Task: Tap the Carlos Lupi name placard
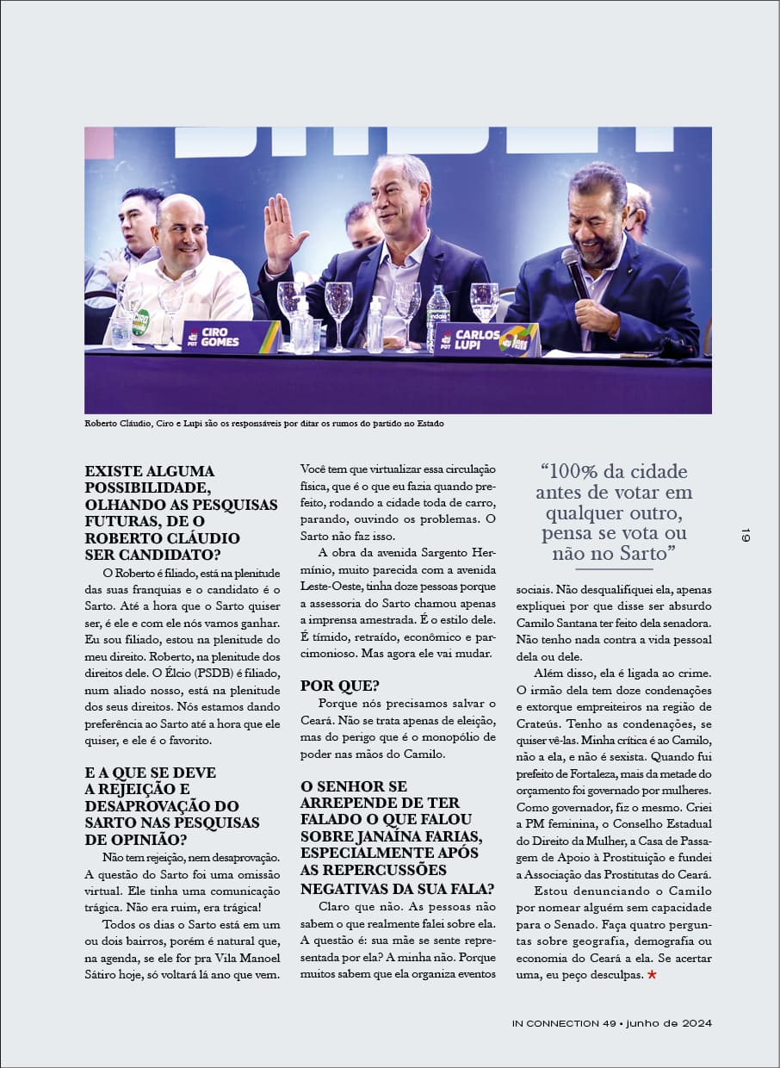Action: coord(486,338)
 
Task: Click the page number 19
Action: coord(745,535)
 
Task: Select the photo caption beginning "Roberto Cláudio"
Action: coord(263,424)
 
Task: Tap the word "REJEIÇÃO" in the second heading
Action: coord(138,789)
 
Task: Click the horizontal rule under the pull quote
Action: coord(614,569)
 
